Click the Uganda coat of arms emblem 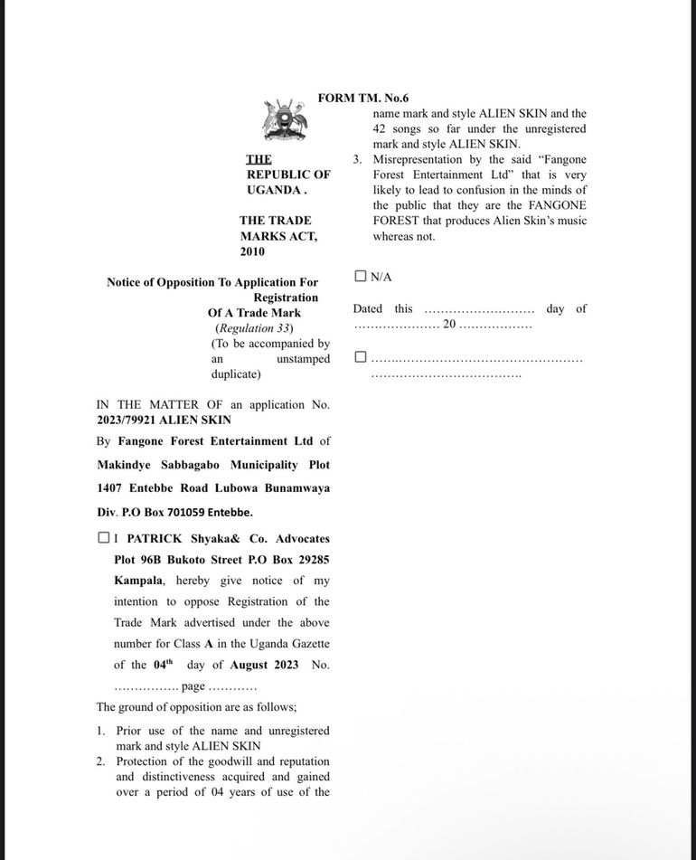coord(285,120)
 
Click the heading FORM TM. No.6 coord(363,98)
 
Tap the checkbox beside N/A coord(361,277)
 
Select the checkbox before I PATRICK coord(104,538)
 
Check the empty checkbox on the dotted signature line coord(361,357)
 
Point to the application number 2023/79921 coord(127,420)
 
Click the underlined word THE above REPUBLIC coord(259,159)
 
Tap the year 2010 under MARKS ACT coord(252,251)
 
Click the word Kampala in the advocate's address coord(138,581)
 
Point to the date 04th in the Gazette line coord(163,664)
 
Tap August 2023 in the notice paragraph coord(264,665)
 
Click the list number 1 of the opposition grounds coord(100,731)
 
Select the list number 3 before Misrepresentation coord(357,159)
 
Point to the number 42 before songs coord(380,128)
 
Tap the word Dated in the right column coord(368,308)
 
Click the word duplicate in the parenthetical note coord(236,374)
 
